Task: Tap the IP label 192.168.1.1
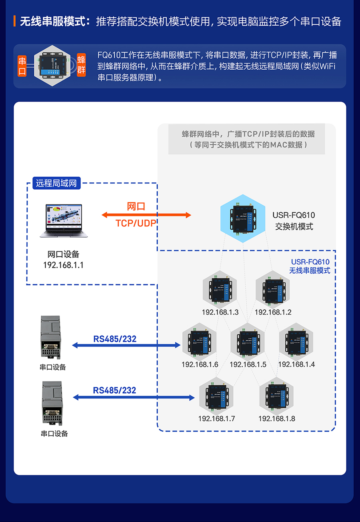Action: coord(63,265)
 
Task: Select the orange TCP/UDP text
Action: coord(136,223)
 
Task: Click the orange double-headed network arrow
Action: coord(146,215)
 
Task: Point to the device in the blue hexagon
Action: coord(243,218)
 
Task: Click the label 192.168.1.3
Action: coord(220,312)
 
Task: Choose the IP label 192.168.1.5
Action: coord(248,364)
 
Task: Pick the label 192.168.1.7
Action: coord(216,418)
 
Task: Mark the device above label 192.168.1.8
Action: coord(276,397)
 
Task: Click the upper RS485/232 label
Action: coord(115,339)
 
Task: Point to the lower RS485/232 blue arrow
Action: coord(134,398)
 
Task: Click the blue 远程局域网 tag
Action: coord(56,184)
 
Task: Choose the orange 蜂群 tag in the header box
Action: coord(81,65)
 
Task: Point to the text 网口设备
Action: coord(63,254)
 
